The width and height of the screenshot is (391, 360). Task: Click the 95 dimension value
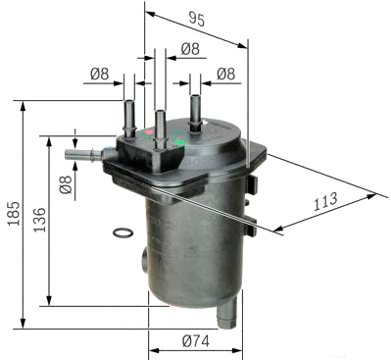pyautogui.click(x=197, y=20)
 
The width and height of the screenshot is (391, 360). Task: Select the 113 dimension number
pyautogui.click(x=325, y=201)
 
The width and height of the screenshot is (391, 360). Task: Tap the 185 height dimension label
pyautogui.click(x=15, y=214)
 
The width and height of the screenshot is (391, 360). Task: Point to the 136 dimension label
pyautogui.click(x=40, y=220)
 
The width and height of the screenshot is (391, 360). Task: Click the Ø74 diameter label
pyautogui.click(x=196, y=341)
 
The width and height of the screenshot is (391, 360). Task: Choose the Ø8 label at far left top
pyautogui.click(x=100, y=74)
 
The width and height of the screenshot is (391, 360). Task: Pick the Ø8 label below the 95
pyautogui.click(x=190, y=49)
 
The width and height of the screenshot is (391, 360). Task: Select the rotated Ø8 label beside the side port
pyautogui.click(x=66, y=184)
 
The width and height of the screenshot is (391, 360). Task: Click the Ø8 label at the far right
pyautogui.click(x=226, y=74)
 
